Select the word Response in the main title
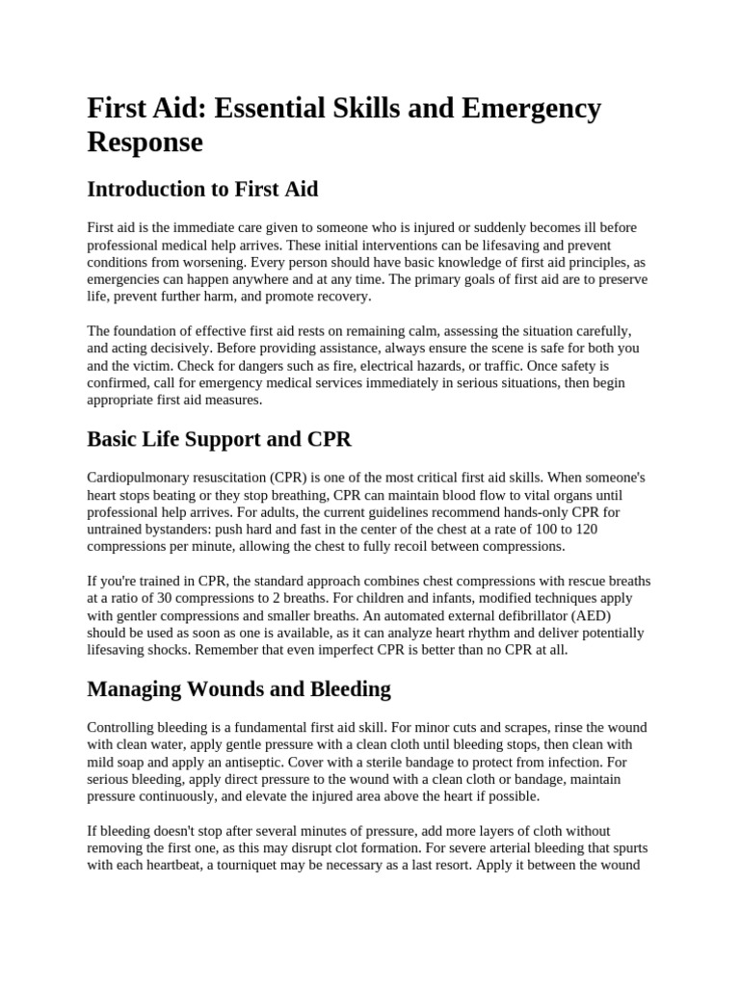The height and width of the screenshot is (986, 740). [145, 143]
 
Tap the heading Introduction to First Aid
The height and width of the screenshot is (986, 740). [202, 189]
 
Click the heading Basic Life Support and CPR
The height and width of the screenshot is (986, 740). [220, 439]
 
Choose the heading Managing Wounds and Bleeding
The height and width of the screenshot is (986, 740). [239, 688]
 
